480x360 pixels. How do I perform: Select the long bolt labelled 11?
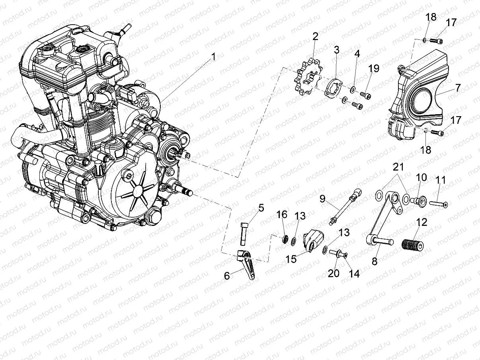pyautogui.click(x=439, y=204)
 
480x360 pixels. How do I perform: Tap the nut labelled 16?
pyautogui.click(x=285, y=239)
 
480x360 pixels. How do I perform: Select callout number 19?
pyautogui.click(x=374, y=68)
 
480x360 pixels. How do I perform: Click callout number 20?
pyautogui.click(x=334, y=273)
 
